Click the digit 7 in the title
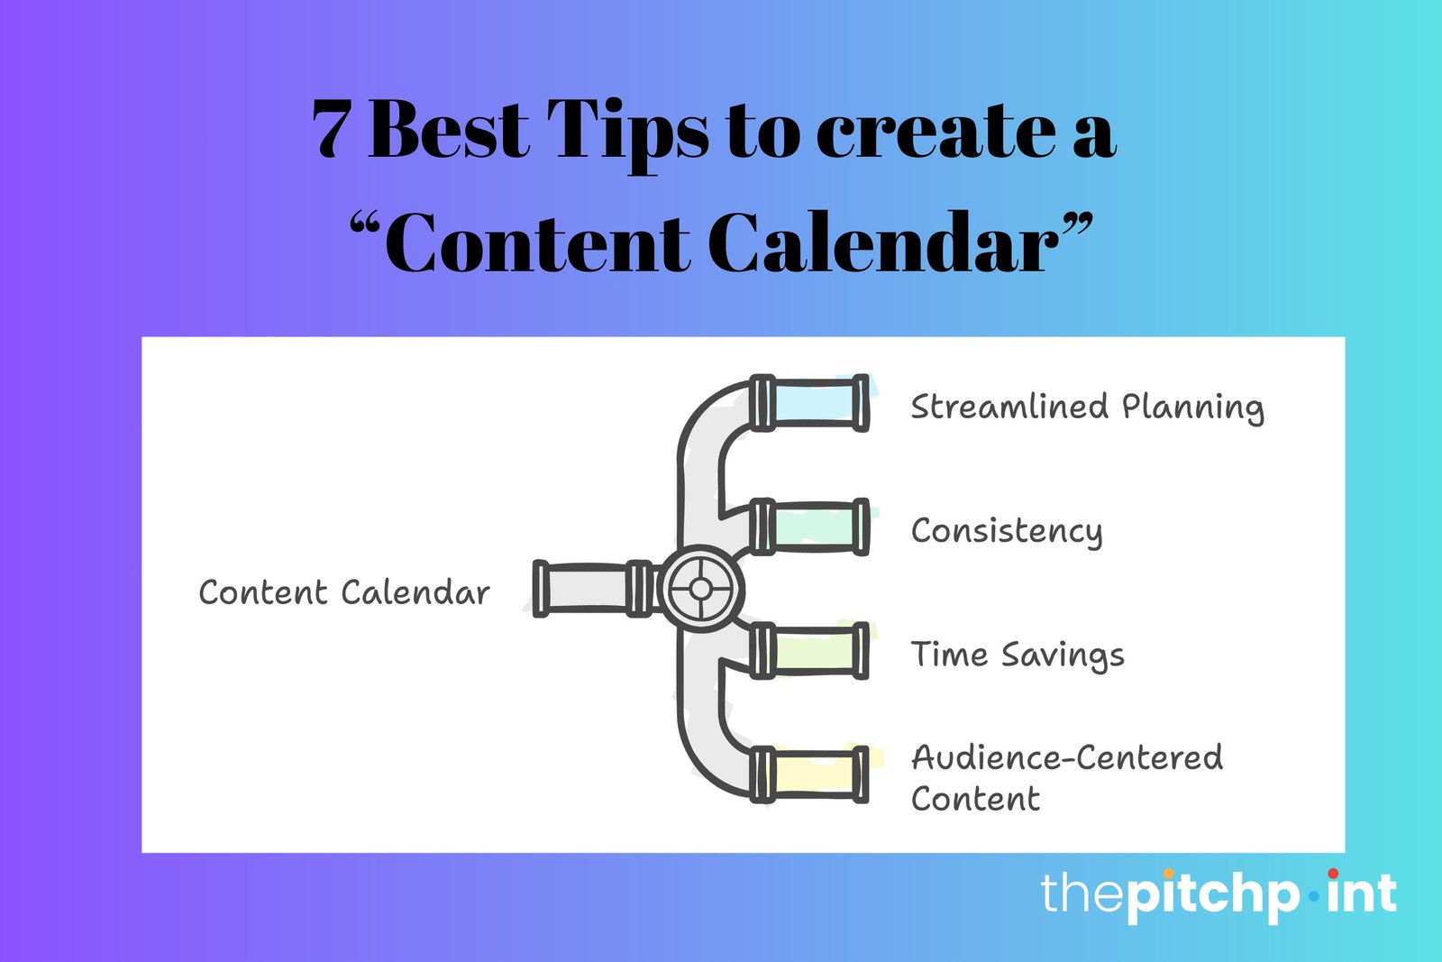[x=333, y=129]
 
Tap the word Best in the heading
[x=450, y=128]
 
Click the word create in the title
[x=936, y=132]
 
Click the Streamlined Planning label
[x=1087, y=408]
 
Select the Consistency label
[x=1007, y=531]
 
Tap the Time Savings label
[x=1018, y=655]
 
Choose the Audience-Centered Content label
[x=1067, y=778]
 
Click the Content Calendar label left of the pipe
[x=344, y=592]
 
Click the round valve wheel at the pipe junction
[x=700, y=589]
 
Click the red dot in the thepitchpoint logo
[x=1333, y=874]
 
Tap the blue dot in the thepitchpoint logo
[x=1314, y=896]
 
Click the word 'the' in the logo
[x=1082, y=893]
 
